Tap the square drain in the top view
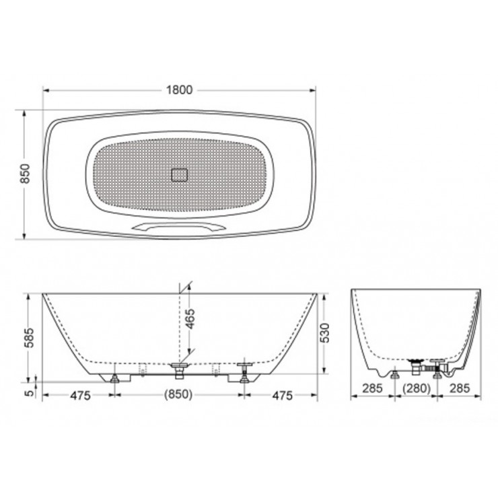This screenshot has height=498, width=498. click(x=181, y=175)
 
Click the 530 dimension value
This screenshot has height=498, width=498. click(x=324, y=332)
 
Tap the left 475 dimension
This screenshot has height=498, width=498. click(x=79, y=396)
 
